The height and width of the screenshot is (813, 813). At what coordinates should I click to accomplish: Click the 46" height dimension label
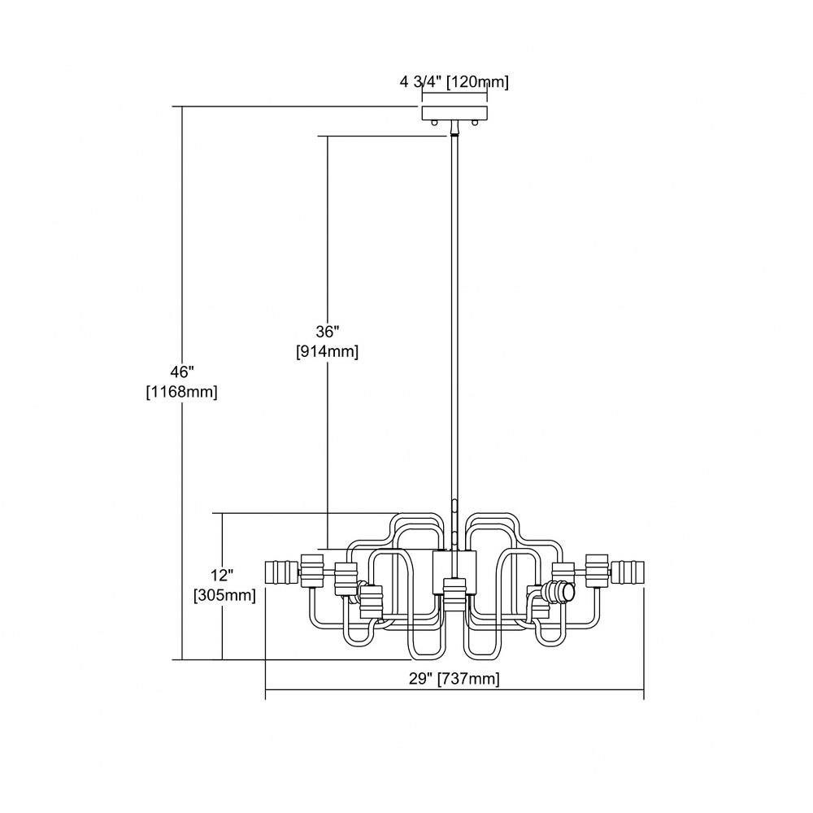(x=181, y=372)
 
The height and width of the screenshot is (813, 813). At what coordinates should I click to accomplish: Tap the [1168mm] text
(x=181, y=392)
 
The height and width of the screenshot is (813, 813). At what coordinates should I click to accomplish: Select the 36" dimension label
(x=327, y=332)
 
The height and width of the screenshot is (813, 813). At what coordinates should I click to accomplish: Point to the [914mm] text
(x=327, y=351)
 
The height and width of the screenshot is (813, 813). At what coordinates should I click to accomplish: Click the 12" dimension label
(x=222, y=576)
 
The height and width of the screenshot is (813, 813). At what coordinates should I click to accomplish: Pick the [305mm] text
(x=224, y=595)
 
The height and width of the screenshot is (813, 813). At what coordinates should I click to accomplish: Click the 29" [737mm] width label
(x=454, y=679)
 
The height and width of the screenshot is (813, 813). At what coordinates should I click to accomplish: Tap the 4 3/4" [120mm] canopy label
(x=454, y=82)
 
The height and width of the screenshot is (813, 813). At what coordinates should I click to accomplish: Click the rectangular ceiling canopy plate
(x=454, y=112)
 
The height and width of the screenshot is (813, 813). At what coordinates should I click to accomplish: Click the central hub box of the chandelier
(x=454, y=572)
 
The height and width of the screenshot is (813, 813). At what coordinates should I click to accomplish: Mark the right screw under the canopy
(x=474, y=123)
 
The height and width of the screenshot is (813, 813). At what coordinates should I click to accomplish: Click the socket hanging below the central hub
(x=454, y=595)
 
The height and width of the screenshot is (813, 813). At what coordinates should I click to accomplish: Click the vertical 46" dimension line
(x=182, y=383)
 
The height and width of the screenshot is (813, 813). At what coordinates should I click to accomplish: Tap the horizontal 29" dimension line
(x=454, y=690)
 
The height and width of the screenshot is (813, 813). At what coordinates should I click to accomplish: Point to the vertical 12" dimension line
(x=222, y=586)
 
